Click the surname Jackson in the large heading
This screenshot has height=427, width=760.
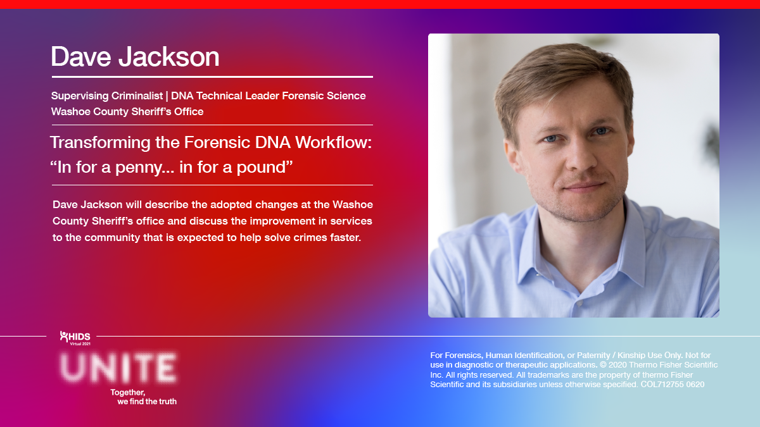(x=169, y=56)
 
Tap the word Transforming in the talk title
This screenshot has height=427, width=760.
(x=101, y=143)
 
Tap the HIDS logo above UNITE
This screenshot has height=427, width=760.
(x=75, y=338)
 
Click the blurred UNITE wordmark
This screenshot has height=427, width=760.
(x=118, y=368)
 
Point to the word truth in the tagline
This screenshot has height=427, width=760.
(x=167, y=402)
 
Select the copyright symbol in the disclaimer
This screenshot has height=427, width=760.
(x=603, y=365)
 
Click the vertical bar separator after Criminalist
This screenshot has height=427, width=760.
(x=167, y=96)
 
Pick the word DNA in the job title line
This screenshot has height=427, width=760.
(x=182, y=96)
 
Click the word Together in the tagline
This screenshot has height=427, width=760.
(x=127, y=392)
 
